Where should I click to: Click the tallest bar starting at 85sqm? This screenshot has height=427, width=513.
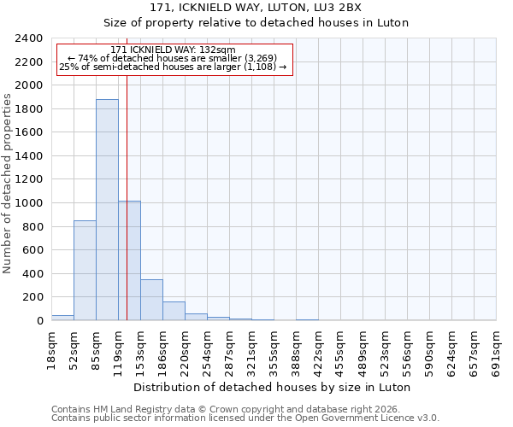tap(107, 209)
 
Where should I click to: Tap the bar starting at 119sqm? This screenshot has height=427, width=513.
tap(130, 260)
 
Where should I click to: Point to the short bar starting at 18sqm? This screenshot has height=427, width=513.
tap(62, 318)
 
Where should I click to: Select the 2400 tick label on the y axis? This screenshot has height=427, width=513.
tap(29, 39)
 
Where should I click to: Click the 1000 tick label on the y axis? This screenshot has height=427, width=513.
tap(29, 203)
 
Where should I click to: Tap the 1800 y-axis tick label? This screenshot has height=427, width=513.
tap(29, 109)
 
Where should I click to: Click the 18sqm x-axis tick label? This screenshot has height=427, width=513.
tap(51, 348)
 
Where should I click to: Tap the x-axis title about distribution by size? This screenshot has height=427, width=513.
tap(273, 387)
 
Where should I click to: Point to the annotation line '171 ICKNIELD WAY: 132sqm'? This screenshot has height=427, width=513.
tap(173, 50)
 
